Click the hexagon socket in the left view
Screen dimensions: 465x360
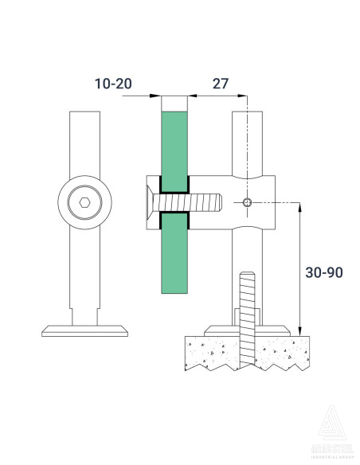click(x=84, y=202)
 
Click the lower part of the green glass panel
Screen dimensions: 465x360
click(x=175, y=263)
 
